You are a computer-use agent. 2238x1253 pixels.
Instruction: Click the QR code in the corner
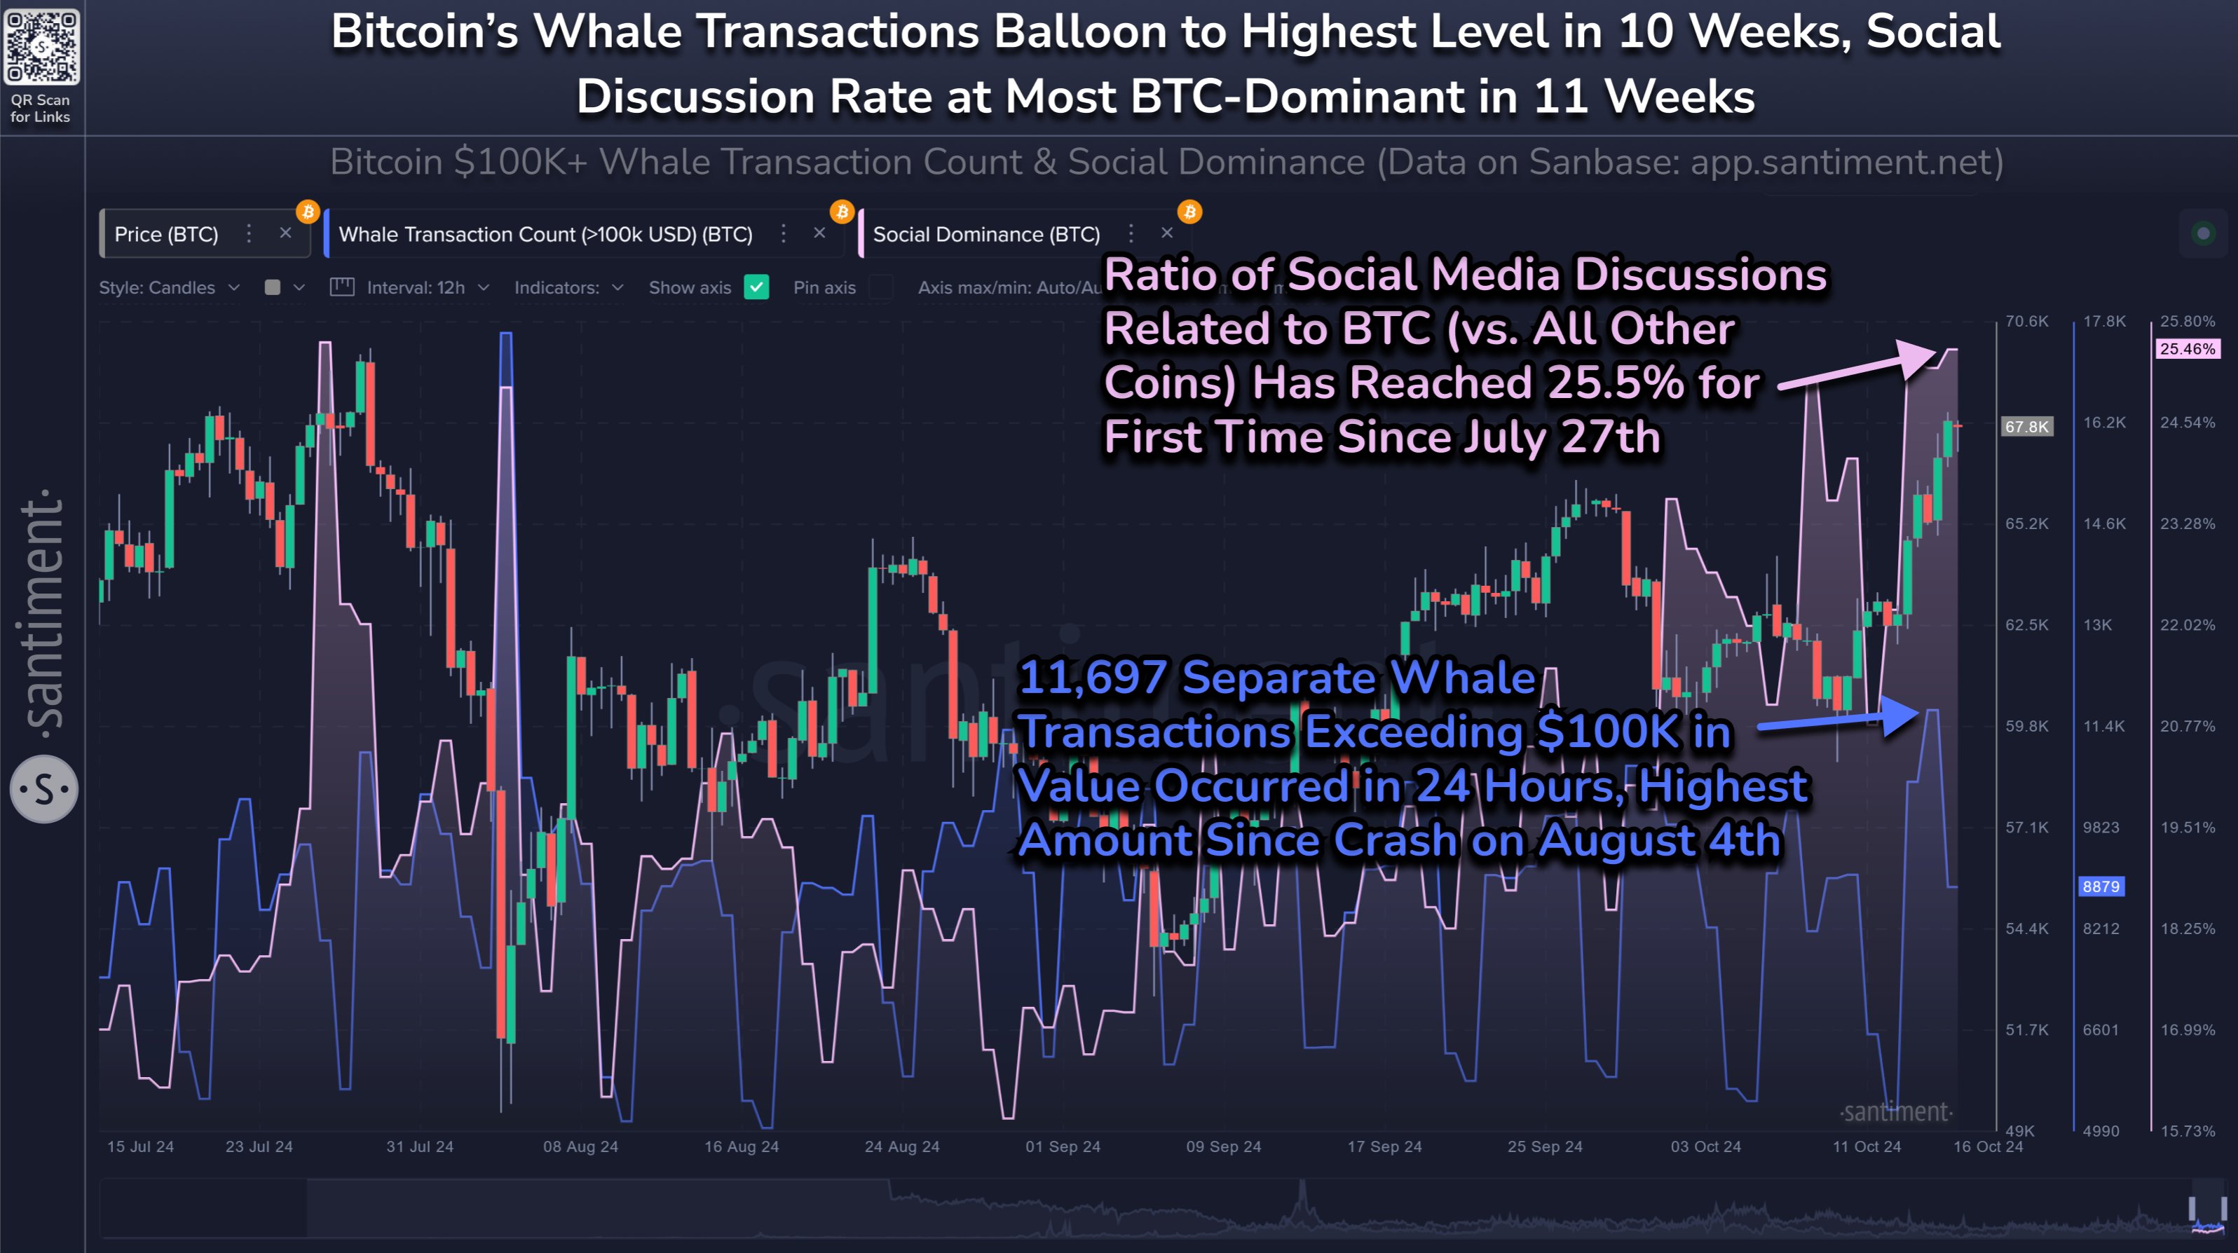pyautogui.click(x=41, y=47)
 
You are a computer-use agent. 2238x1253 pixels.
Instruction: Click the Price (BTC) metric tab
pyautogui.click(x=166, y=235)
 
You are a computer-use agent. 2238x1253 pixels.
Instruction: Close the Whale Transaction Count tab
pyautogui.click(x=819, y=233)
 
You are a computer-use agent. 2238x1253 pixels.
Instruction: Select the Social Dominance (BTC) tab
pyautogui.click(x=986, y=235)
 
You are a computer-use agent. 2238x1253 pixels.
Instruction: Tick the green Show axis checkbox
pyautogui.click(x=757, y=287)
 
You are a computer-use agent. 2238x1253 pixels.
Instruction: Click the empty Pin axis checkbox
pyautogui.click(x=881, y=287)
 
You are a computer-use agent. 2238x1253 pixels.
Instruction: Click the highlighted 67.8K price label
pyautogui.click(x=2026, y=427)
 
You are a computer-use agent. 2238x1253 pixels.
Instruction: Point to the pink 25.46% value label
pyautogui.click(x=2187, y=349)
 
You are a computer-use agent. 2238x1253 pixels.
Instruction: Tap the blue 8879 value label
pyautogui.click(x=2100, y=886)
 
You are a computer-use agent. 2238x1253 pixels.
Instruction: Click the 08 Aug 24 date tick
pyautogui.click(x=580, y=1146)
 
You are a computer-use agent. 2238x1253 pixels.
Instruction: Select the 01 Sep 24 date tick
pyautogui.click(x=1063, y=1146)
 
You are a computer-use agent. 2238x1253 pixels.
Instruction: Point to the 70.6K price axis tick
pyautogui.click(x=2026, y=322)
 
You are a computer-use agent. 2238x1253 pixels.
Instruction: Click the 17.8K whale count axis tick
pyautogui.click(x=2103, y=322)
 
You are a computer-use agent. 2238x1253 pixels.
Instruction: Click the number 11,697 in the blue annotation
pyautogui.click(x=1092, y=677)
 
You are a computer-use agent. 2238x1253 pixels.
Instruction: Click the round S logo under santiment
pyautogui.click(x=43, y=789)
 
